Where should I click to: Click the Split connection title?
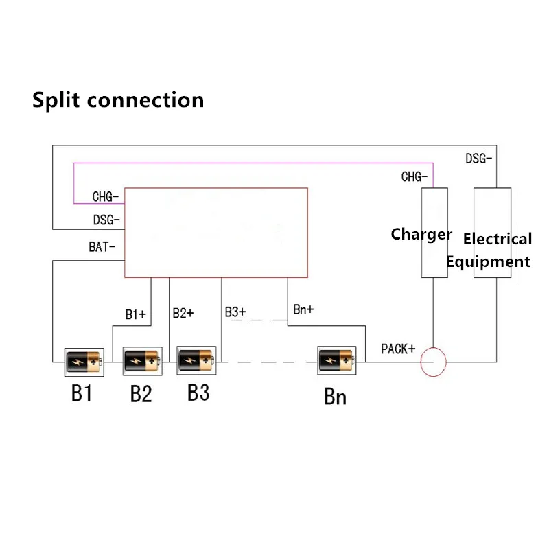118,100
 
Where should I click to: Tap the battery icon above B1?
84,360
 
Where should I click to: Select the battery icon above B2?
141,360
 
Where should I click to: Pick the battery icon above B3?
197,359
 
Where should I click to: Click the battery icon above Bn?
337,360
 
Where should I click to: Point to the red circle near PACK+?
433,362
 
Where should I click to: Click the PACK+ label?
399,349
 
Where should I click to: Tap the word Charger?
421,235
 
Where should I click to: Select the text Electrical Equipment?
489,250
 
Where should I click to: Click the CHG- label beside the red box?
106,197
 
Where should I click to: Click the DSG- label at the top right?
478,159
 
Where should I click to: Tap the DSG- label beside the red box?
106,220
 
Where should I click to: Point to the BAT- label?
102,247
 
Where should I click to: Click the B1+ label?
135,314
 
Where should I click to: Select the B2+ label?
183,313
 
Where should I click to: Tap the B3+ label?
235,312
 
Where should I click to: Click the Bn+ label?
303,309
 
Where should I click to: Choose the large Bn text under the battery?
335,397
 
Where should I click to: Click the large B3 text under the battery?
198,393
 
